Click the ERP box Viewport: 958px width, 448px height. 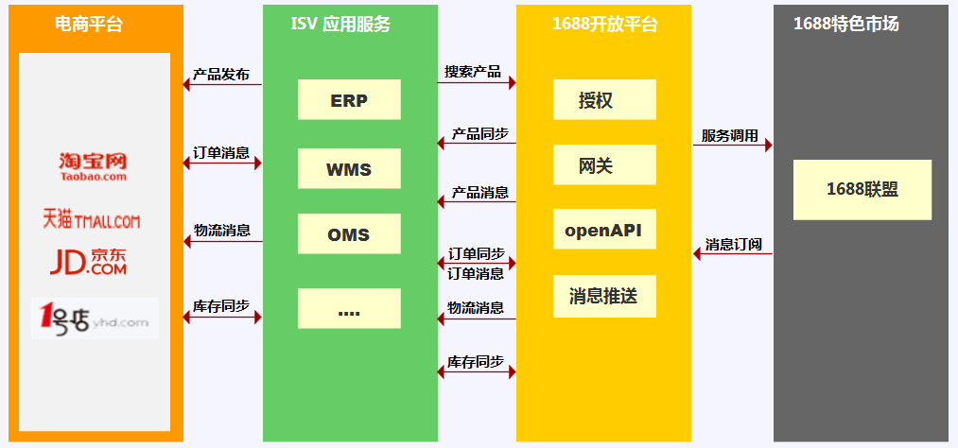click(x=349, y=100)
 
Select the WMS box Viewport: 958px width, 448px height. click(x=349, y=170)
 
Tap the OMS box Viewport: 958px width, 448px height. click(x=349, y=234)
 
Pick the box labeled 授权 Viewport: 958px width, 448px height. click(x=604, y=100)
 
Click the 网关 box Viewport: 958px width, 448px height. click(x=604, y=165)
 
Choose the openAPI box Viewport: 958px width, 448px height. click(x=604, y=230)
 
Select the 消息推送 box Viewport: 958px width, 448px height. click(x=604, y=297)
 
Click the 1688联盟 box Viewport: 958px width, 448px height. click(x=862, y=189)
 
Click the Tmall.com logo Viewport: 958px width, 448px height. click(x=91, y=219)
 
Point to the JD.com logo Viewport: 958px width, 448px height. click(x=88, y=262)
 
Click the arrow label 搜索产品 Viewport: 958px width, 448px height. click(x=474, y=72)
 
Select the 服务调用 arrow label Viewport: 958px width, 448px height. click(x=730, y=135)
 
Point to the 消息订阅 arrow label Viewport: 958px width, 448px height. click(x=733, y=245)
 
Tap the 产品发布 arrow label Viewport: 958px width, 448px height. click(x=221, y=74)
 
